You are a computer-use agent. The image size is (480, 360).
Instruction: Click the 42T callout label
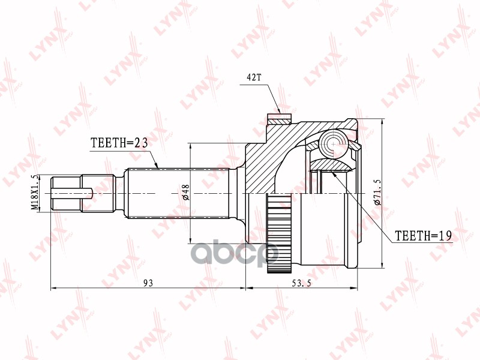[254, 77]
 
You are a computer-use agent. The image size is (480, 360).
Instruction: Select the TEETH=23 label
[119, 143]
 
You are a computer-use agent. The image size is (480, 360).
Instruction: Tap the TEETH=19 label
[424, 235]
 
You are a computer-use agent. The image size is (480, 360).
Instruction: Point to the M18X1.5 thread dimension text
[36, 193]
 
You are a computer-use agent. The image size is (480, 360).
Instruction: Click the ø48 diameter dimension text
[186, 192]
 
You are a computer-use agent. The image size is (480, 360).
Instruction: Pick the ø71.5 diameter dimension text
[377, 192]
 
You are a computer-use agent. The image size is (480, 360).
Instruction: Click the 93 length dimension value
[148, 283]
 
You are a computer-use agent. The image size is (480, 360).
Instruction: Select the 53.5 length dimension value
[301, 283]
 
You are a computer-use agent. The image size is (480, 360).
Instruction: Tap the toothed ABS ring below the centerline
[279, 233]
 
